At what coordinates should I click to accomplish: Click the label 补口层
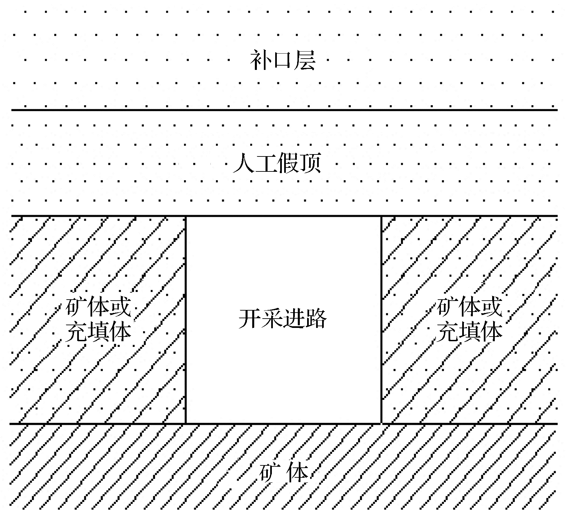tap(283, 61)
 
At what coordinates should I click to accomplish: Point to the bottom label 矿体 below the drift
tap(283, 473)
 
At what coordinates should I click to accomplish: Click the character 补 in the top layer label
tap(261, 61)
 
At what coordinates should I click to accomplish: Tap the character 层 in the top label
tap(304, 61)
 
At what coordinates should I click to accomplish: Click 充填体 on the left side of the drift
tap(98, 332)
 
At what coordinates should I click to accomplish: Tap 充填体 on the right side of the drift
tap(469, 332)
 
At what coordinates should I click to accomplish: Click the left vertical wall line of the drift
tap(186, 320)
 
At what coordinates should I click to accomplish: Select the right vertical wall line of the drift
tap(381, 320)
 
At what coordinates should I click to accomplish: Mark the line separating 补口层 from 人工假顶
tap(284, 110)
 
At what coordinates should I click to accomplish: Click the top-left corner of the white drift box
tap(186, 216)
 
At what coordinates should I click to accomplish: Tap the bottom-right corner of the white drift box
tap(381, 423)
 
